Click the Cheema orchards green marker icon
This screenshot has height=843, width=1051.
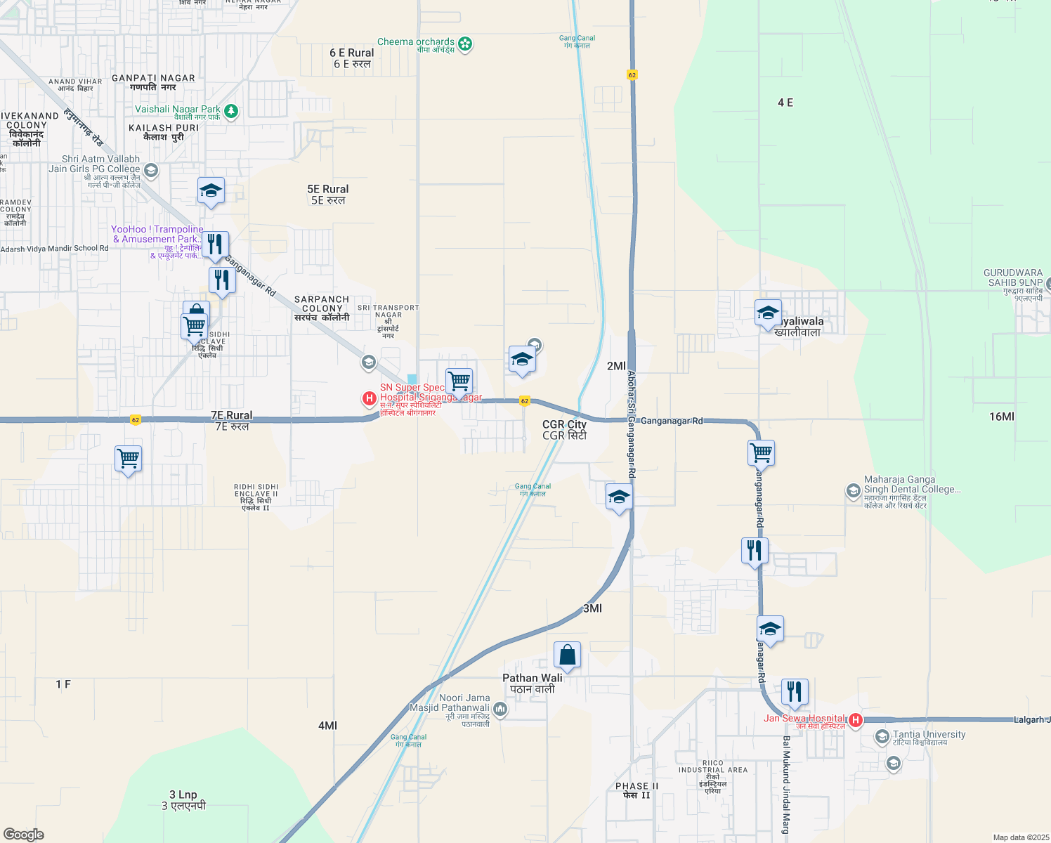click(465, 44)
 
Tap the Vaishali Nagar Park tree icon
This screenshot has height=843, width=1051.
click(231, 111)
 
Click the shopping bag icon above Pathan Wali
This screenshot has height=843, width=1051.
click(567, 655)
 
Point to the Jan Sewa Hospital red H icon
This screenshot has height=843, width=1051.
click(856, 720)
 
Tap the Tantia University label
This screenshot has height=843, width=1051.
click(929, 735)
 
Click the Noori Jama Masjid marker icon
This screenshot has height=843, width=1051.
click(500, 709)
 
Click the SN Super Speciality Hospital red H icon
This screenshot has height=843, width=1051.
click(369, 399)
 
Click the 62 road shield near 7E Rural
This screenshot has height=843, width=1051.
click(136, 420)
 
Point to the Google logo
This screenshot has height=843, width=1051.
click(24, 835)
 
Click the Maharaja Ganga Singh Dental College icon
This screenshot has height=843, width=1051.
click(854, 491)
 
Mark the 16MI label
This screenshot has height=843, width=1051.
click(1001, 417)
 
